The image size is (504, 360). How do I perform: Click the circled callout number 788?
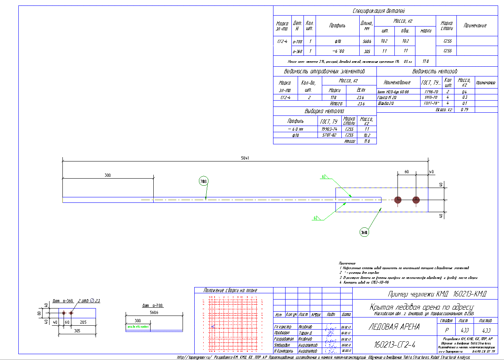tap(204, 181)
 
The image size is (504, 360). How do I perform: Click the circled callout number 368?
tap(364, 232)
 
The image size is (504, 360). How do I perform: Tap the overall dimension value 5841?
tap(245, 158)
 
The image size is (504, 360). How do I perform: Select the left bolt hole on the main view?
tap(398, 200)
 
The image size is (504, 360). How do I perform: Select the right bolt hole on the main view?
tap(416, 200)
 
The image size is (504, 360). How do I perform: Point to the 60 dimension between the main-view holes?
tap(406, 172)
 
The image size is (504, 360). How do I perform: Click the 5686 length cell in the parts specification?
tap(367, 41)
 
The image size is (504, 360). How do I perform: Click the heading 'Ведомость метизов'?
tap(435, 72)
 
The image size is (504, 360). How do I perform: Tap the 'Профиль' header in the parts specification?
tap(337, 26)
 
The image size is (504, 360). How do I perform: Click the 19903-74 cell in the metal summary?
tap(329, 129)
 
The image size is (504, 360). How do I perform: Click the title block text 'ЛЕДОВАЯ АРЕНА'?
tap(394, 327)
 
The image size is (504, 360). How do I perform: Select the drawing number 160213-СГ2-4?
tap(394, 345)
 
